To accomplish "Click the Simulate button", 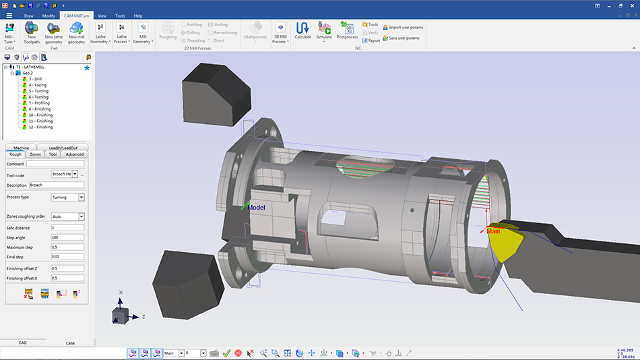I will (324, 30).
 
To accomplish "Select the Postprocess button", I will (348, 30).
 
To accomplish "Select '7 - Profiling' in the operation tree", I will (39, 103).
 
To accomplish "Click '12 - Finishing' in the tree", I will (40, 127).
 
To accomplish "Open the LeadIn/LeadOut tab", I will (63, 148).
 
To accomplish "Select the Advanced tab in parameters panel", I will (74, 154).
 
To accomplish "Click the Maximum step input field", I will (67, 247).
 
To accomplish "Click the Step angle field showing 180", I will (67, 237).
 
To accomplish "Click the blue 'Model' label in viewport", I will (256, 208).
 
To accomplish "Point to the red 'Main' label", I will (493, 231).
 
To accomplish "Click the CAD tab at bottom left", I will (22, 342).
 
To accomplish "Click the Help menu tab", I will (137, 15).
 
